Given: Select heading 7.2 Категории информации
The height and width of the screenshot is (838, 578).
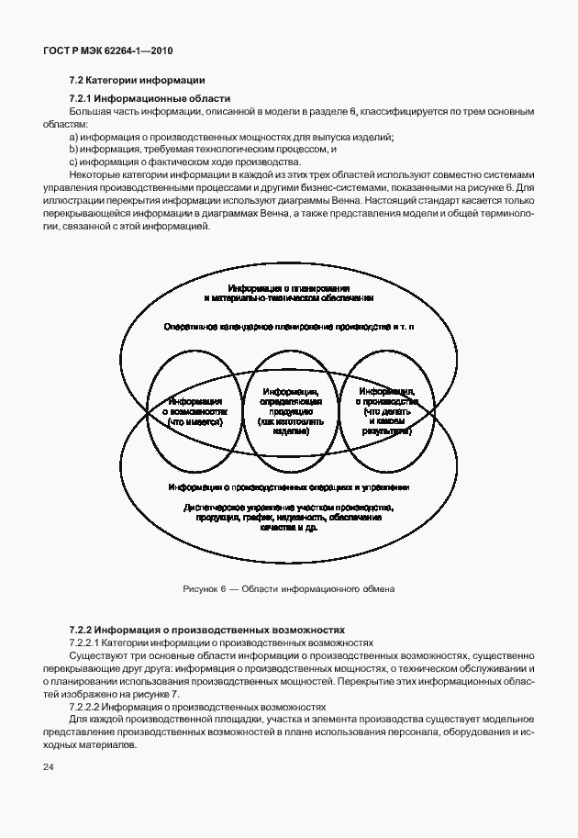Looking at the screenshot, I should [x=137, y=79].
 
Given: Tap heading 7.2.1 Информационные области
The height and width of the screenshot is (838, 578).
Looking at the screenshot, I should [x=150, y=98].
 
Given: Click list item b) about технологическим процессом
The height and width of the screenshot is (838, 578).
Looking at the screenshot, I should [x=203, y=150].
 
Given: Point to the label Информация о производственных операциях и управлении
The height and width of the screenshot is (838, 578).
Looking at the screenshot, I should [x=288, y=488].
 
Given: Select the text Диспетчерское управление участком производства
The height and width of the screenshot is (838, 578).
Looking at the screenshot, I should [x=288, y=508].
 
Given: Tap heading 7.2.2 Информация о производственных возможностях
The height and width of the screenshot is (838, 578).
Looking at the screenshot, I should [x=206, y=631].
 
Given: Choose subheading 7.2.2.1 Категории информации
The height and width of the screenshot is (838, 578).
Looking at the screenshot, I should [x=221, y=643].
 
